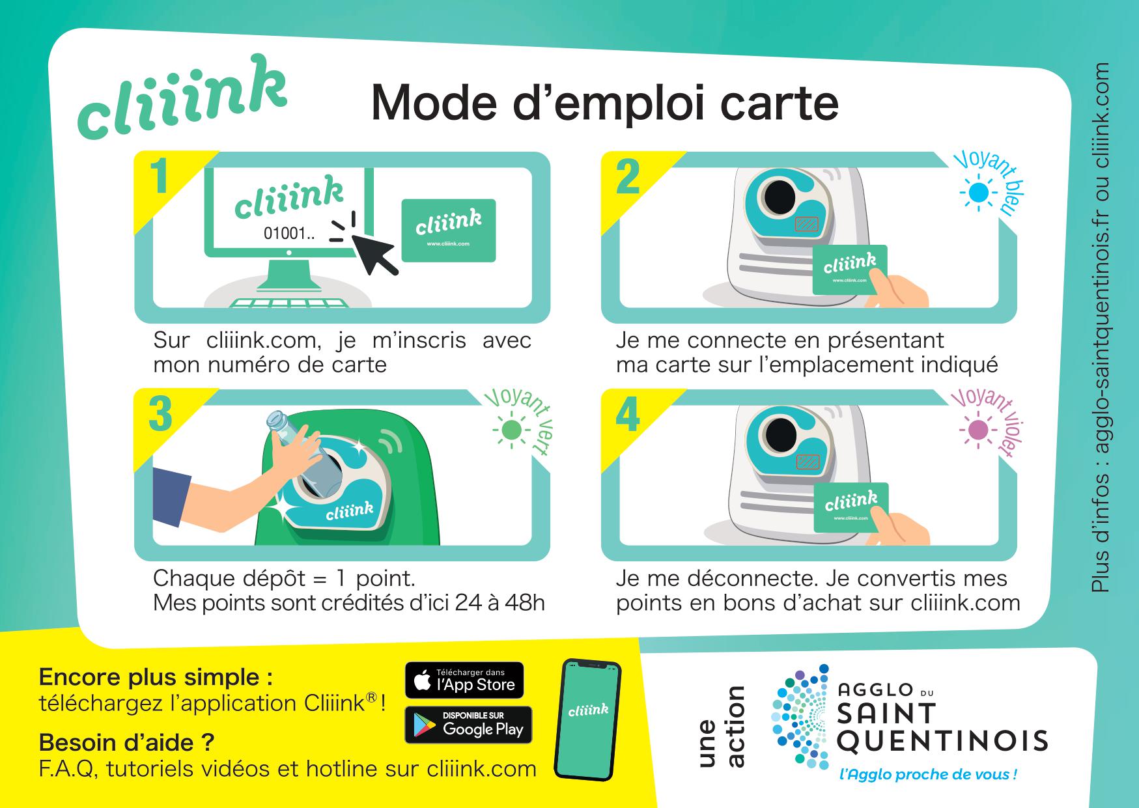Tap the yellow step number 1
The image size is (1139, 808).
click(159, 177)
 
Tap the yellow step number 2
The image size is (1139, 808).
click(627, 177)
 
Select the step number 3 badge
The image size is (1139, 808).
click(160, 415)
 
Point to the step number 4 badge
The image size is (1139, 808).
click(627, 415)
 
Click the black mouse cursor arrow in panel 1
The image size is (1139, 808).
click(374, 253)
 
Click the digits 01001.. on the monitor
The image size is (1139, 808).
click(288, 233)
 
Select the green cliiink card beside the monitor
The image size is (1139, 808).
click(448, 230)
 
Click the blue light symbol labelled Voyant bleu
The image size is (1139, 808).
click(977, 193)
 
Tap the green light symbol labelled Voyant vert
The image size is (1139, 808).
click(511, 430)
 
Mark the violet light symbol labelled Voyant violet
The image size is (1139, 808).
click(977, 430)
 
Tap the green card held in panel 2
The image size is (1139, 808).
click(849, 269)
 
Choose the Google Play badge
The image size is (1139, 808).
click(468, 725)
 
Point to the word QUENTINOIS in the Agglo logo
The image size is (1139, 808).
click(942, 740)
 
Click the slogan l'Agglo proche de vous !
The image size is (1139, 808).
click(928, 775)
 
